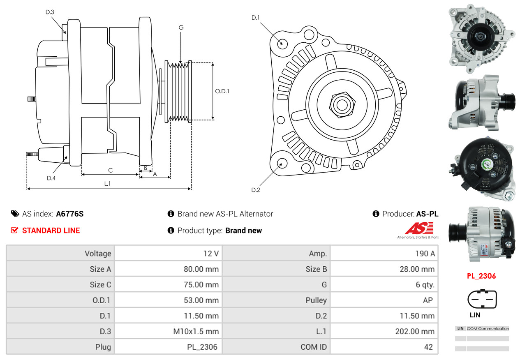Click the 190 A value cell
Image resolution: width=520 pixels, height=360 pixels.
[425, 254]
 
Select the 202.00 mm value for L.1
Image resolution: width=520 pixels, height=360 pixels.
[415, 331]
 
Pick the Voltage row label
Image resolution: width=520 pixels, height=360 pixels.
[98, 254]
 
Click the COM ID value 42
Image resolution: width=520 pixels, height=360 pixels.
[428, 347]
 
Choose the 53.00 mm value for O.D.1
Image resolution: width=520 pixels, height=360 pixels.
[201, 300]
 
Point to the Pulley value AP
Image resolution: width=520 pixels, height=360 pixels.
[428, 300]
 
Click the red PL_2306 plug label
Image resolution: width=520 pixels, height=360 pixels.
[481, 276]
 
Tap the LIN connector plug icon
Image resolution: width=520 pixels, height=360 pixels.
[482, 300]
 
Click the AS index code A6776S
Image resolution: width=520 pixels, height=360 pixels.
[70, 214]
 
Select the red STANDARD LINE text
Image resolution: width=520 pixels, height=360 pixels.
[51, 231]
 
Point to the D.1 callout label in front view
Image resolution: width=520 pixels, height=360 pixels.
[256, 18]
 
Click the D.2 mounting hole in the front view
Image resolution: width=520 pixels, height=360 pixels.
[282, 163]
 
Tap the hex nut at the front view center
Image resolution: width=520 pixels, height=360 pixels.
[341, 104]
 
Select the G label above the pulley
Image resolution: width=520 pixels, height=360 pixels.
[181, 28]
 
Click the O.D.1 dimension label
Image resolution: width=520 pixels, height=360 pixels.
[222, 91]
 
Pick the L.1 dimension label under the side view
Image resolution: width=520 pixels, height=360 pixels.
[107, 184]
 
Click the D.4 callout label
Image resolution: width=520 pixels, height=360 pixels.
[51, 178]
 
